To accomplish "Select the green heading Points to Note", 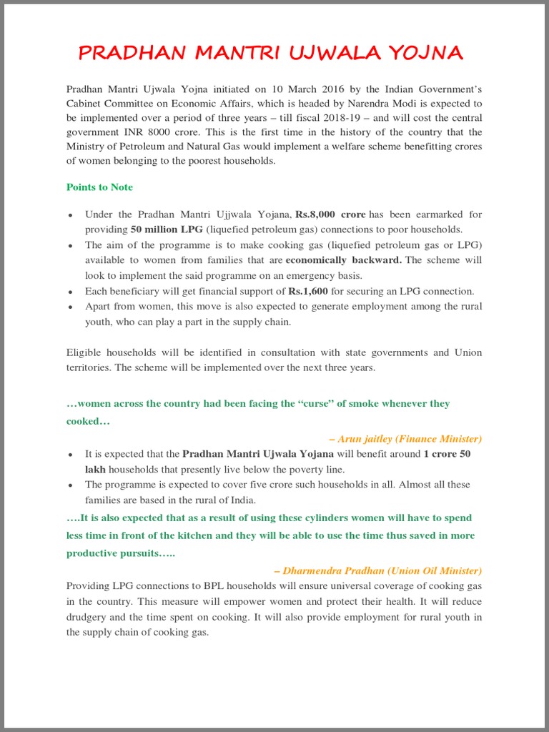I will pos(99,187).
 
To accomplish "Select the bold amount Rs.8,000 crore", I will pos(330,214).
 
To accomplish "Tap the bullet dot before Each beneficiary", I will pos(70,292).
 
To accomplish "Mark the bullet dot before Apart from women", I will pos(70,307).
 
